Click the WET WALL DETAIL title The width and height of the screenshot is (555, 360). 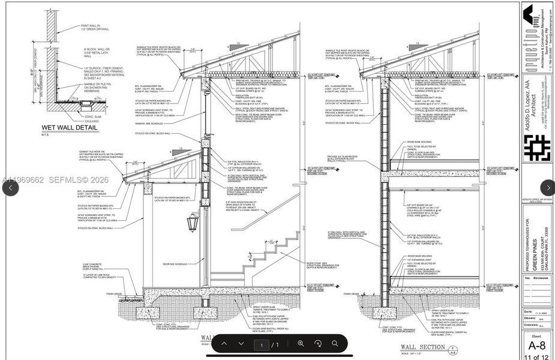69,128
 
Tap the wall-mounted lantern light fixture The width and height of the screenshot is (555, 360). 193,223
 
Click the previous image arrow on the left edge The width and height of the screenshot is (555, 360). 10,187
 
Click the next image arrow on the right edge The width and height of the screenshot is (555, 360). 547,187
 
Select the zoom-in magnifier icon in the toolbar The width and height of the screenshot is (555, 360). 301,344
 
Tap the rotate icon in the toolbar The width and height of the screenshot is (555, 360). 318,344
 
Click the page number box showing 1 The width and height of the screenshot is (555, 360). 262,344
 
